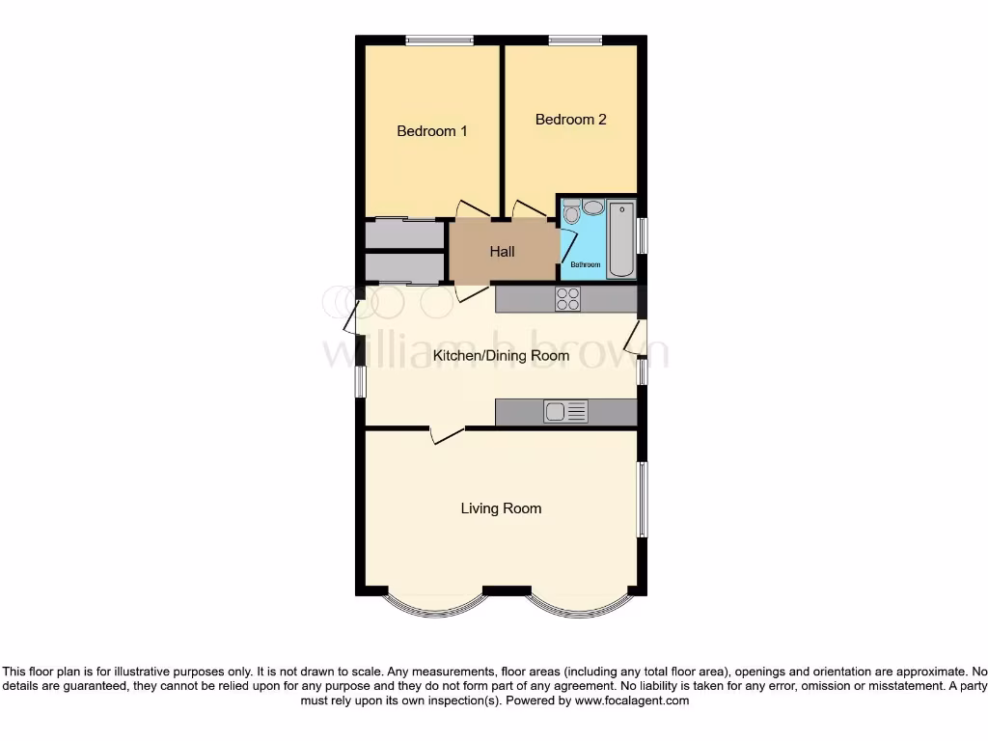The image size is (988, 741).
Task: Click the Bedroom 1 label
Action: pyautogui.click(x=432, y=131)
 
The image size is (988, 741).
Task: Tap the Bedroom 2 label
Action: pyautogui.click(x=571, y=120)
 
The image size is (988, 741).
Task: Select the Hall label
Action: pyautogui.click(x=502, y=252)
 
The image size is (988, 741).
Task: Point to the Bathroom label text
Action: pyautogui.click(x=585, y=265)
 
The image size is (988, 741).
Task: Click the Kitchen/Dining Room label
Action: pyautogui.click(x=501, y=356)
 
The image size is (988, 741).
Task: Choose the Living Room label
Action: pyautogui.click(x=501, y=508)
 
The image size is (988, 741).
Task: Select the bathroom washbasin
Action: pyautogui.click(x=592, y=206)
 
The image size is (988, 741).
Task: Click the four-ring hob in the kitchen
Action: pyautogui.click(x=567, y=300)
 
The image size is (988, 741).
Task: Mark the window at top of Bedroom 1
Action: pyautogui.click(x=439, y=40)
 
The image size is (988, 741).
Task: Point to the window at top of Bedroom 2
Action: pyautogui.click(x=576, y=40)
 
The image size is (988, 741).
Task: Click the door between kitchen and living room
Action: pyautogui.click(x=445, y=434)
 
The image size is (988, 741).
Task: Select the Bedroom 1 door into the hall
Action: pyautogui.click(x=472, y=207)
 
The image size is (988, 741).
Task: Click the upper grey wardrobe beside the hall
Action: pyautogui.click(x=405, y=234)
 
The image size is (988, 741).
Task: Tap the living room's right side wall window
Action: pyautogui.click(x=642, y=499)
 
